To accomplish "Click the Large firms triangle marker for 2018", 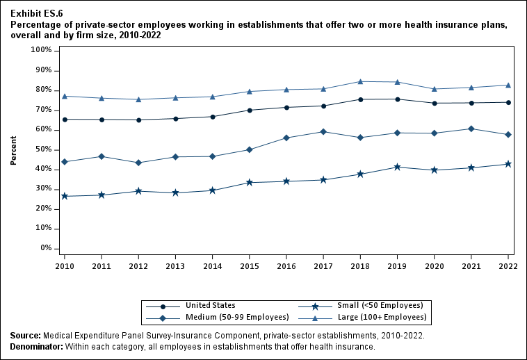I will tap(360, 81).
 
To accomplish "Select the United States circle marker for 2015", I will tap(250, 110).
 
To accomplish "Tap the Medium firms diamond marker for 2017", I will tap(323, 131).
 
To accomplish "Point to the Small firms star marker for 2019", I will tap(397, 167).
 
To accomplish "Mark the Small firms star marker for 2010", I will tap(65, 196).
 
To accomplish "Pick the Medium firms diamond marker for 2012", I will tap(138, 163).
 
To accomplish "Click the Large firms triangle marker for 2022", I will tap(508, 85).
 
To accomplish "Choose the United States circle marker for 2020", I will tap(435, 103).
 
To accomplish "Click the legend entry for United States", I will tap(210, 305).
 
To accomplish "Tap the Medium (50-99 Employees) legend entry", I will tap(236, 317).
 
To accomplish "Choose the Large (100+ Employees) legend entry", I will tap(382, 317).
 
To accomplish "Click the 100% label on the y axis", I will tap(40, 51).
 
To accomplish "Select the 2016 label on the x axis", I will tap(286, 266).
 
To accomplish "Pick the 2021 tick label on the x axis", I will tap(471, 266).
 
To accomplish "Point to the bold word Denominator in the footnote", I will tap(36, 346).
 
